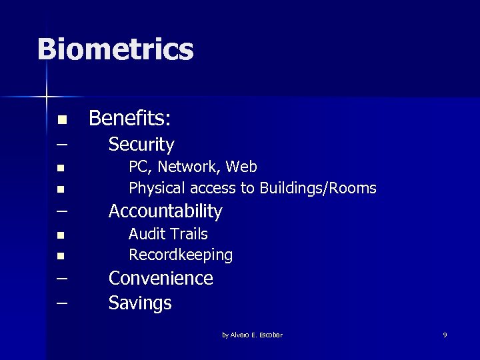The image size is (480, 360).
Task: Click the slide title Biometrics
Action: (x=115, y=49)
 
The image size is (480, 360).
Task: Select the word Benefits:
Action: (x=130, y=119)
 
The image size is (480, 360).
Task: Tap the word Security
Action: (x=141, y=144)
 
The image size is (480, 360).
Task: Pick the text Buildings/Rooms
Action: (x=317, y=189)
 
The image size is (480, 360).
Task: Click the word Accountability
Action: (x=165, y=211)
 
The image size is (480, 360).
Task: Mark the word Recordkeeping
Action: (x=181, y=255)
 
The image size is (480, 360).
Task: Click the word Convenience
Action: (x=161, y=278)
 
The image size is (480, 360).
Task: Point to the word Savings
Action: (x=140, y=303)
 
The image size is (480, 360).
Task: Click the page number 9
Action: (x=445, y=335)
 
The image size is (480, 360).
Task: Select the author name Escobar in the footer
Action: (x=270, y=335)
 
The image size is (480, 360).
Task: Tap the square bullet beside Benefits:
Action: (x=61, y=121)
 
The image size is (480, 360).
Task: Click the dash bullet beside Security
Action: (x=62, y=144)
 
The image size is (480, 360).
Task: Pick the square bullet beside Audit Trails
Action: (x=61, y=235)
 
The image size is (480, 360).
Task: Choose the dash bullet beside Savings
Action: (x=62, y=303)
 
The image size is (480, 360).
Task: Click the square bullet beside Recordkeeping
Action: (x=61, y=256)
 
